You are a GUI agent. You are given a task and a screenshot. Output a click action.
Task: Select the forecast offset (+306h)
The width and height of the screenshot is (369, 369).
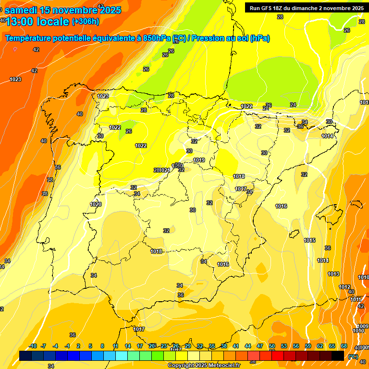pyautogui.click(x=85, y=22)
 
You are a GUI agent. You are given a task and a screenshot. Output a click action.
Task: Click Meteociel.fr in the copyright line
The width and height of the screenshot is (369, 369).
pyautogui.click(x=223, y=366)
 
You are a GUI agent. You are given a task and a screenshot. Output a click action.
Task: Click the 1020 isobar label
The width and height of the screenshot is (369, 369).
pyautogui.click(x=96, y=204)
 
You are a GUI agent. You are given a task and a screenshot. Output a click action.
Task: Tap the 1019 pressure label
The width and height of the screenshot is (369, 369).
pyautogui.click(x=199, y=160)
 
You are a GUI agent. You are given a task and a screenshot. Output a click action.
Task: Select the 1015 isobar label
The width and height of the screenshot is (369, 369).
pyautogui.click(x=309, y=240)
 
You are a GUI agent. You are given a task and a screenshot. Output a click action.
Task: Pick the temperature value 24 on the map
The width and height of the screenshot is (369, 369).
pyautogui.click(x=293, y=105)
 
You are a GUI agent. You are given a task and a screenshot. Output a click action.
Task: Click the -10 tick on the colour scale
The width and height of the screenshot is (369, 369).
pyautogui.click(x=33, y=346)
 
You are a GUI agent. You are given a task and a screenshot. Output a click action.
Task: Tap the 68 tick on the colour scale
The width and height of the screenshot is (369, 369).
pyautogui.click(x=344, y=346)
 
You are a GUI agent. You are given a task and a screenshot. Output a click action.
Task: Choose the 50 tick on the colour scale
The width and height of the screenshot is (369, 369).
pyautogui.click(x=272, y=346)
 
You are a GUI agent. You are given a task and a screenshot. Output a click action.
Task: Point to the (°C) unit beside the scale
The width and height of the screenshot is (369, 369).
pyautogui.click(x=353, y=357)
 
